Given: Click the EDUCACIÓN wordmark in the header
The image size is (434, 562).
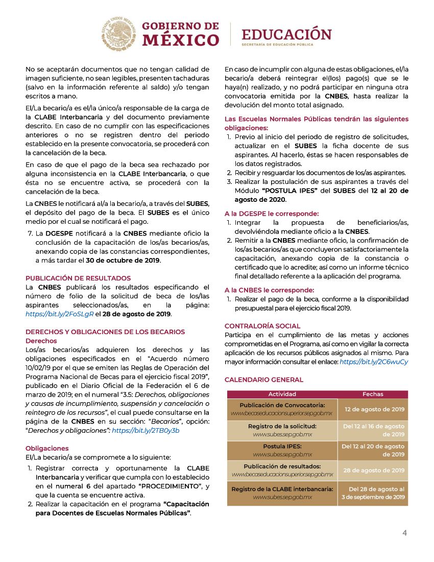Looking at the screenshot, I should [x=286, y=35].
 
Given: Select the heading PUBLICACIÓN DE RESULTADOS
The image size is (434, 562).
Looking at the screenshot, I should [x=78, y=278].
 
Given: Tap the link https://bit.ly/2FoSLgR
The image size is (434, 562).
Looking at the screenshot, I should [x=59, y=314].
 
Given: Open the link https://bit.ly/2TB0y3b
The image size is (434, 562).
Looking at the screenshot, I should [x=146, y=430].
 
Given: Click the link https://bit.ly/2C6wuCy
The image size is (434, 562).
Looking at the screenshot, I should [x=374, y=362].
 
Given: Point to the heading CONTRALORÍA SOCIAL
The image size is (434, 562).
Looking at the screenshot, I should [x=262, y=326].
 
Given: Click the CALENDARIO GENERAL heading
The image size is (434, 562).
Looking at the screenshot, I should [x=264, y=380].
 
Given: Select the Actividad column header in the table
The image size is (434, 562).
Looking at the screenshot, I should [x=282, y=394].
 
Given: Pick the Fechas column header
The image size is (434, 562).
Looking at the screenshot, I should [x=373, y=394].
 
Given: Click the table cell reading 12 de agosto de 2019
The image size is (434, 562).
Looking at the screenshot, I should [x=374, y=409].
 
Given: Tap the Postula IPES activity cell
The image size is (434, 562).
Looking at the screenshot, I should [x=282, y=450].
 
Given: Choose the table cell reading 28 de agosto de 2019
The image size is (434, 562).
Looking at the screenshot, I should [x=374, y=470].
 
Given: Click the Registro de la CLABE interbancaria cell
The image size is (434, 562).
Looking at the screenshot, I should [x=282, y=493].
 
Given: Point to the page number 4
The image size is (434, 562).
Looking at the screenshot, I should [x=404, y=533].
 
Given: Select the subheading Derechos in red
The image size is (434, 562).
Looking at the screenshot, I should [x=41, y=341].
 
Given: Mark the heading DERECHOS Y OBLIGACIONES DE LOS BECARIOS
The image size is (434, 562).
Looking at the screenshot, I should [x=105, y=332].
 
